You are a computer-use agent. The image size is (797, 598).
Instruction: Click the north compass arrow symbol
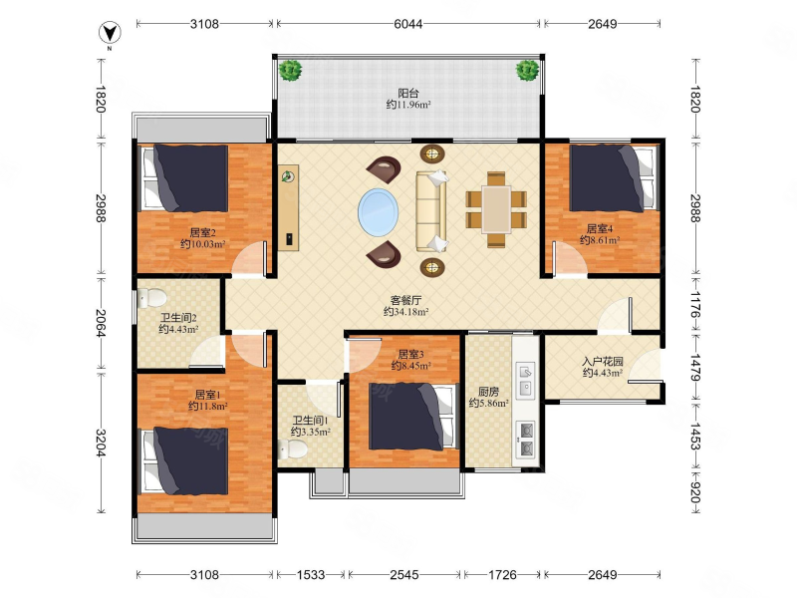(110, 33)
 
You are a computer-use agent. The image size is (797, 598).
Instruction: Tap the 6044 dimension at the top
(408, 23)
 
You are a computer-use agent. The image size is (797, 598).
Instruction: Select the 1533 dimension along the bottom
(311, 575)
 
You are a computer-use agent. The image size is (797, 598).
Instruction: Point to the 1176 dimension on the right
(695, 304)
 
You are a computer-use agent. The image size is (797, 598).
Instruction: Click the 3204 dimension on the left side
(101, 443)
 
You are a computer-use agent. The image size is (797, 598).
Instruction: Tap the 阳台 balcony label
(408, 93)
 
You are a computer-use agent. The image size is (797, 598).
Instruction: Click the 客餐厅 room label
(405, 300)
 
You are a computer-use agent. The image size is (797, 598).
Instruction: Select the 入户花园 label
(603, 362)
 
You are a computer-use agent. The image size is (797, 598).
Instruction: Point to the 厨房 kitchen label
(488, 392)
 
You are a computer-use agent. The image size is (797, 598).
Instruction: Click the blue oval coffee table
(379, 212)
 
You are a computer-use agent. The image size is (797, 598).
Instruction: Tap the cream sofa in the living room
(431, 211)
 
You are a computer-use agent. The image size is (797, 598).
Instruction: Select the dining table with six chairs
(496, 209)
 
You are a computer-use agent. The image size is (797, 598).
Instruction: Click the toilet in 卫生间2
(152, 297)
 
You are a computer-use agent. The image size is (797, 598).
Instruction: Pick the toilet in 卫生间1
(293, 449)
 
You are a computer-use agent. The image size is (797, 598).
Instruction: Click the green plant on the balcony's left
(290, 70)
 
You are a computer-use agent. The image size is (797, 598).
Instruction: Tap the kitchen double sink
(525, 380)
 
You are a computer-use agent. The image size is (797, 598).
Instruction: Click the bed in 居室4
(613, 178)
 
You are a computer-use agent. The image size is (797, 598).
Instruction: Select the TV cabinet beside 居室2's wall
(288, 207)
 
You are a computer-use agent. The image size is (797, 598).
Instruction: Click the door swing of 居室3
(364, 356)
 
